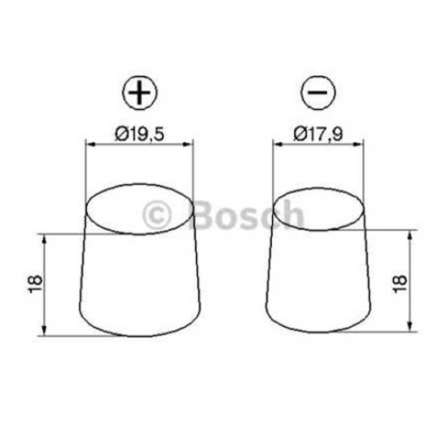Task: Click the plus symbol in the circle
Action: (140, 94)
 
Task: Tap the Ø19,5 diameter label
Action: (139, 136)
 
